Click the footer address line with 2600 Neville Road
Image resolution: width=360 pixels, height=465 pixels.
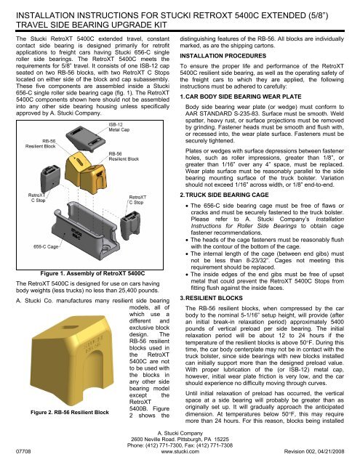(x=180, y=440)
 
